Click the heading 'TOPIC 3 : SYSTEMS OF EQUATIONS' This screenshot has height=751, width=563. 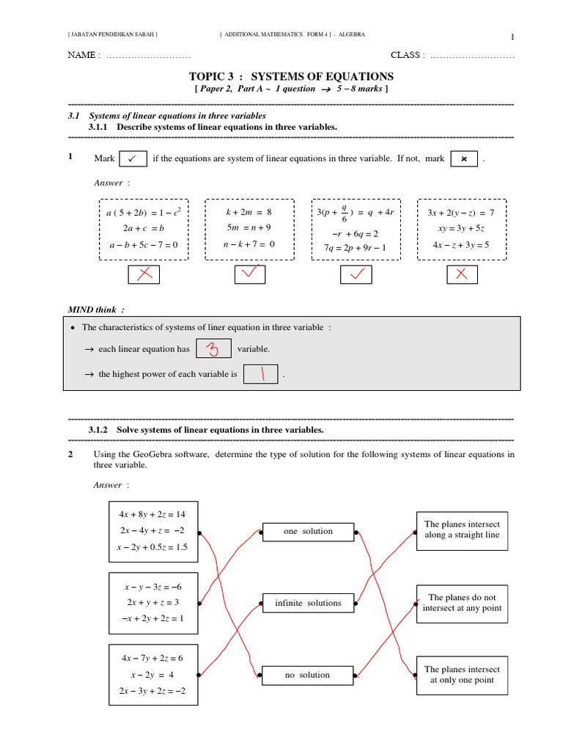point(291,76)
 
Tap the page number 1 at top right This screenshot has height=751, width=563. point(512,37)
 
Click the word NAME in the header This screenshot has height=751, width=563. point(81,55)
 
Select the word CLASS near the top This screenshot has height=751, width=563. point(405,55)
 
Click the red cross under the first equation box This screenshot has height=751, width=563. point(144,274)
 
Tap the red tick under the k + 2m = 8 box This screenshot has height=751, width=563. point(250,274)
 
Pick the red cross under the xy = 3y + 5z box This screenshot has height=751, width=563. point(462,274)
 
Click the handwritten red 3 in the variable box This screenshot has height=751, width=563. point(214,349)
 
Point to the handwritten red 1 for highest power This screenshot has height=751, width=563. point(260,374)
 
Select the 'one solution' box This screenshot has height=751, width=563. point(308,532)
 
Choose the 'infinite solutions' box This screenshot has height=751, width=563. point(308,604)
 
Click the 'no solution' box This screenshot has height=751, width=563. point(308,675)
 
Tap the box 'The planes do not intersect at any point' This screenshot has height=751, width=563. point(462,603)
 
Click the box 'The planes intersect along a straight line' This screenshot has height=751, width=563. point(462,530)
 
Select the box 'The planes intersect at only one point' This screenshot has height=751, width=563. point(462,675)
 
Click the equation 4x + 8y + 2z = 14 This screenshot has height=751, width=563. point(152,515)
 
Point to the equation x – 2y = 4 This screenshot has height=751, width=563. point(152,675)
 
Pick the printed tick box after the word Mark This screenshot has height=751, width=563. point(132,158)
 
